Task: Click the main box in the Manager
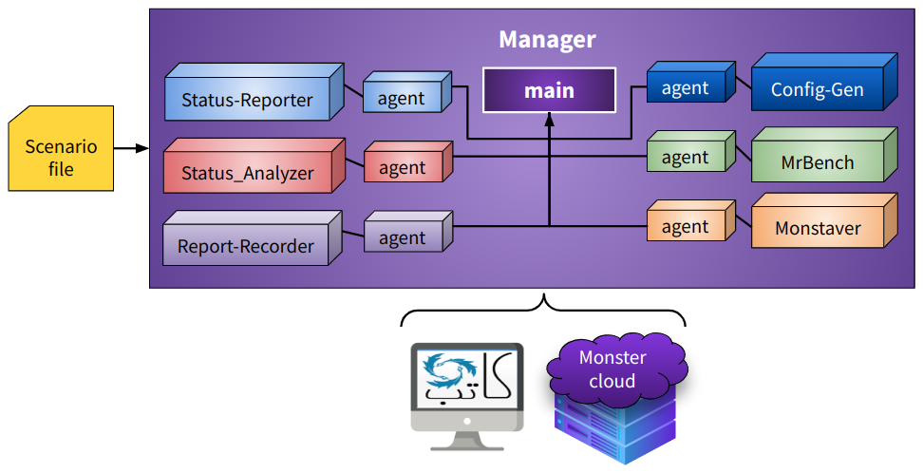(x=549, y=91)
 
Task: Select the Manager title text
(x=547, y=40)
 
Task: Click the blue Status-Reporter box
(x=247, y=99)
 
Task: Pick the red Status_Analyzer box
(x=248, y=172)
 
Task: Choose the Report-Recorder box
(x=246, y=245)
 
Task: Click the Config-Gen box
(x=818, y=89)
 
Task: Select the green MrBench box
(x=818, y=161)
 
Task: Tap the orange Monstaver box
(x=818, y=228)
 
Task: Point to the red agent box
(x=402, y=168)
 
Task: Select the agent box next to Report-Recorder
(x=402, y=238)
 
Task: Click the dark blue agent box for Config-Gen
(x=686, y=87)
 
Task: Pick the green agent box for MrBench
(x=686, y=157)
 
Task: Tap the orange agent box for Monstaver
(x=686, y=226)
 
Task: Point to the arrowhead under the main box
(x=549, y=119)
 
